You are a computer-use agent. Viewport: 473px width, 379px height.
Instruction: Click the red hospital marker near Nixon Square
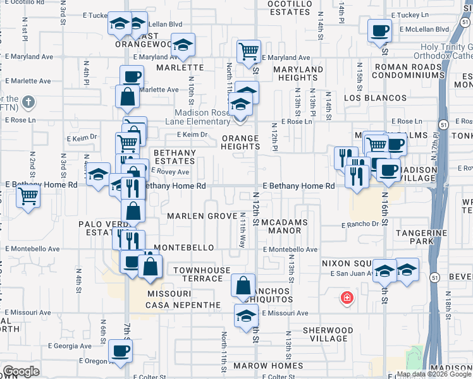(346, 298)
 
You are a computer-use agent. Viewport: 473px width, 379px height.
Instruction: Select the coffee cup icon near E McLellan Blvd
(379, 30)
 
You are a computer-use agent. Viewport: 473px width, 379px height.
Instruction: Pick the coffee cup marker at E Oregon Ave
(120, 351)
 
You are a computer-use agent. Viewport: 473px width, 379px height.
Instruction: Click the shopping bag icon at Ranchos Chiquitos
(243, 286)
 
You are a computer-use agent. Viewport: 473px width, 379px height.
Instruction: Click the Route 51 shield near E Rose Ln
(445, 124)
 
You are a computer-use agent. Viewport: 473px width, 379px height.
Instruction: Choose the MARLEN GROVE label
(193, 216)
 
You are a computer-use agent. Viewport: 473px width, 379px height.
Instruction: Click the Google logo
(21, 371)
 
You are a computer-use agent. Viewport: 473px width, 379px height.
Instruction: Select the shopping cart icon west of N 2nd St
(28, 198)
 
